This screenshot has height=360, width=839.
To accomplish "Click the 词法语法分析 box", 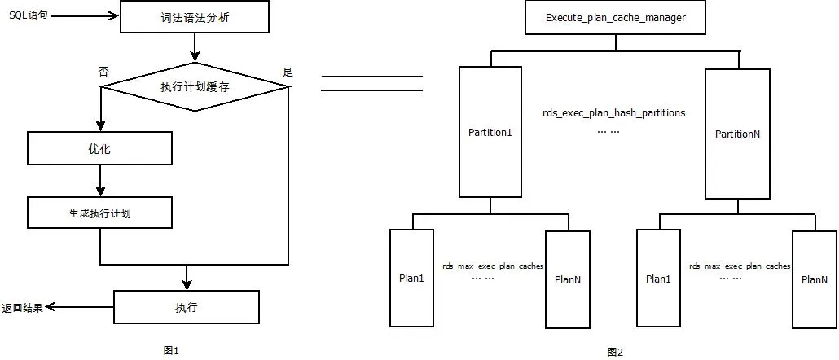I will click(193, 17).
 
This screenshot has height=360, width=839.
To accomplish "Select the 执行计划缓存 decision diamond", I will click(193, 86).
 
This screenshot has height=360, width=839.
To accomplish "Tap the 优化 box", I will click(99, 148).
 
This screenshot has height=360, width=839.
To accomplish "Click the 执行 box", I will click(186, 307).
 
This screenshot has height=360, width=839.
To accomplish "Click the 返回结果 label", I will click(21, 308).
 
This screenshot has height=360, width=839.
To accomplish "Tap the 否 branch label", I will click(103, 72).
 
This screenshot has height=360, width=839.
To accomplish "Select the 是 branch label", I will click(287, 72).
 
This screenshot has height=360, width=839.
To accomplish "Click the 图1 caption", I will click(171, 350).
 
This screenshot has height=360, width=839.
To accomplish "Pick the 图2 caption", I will click(615, 352).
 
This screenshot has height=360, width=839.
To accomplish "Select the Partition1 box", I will click(490, 132).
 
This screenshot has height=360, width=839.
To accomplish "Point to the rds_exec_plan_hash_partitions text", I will click(613, 113).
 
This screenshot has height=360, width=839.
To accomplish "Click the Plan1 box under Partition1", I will click(411, 279).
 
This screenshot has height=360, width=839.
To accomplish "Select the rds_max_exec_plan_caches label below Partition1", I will click(492, 266).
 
